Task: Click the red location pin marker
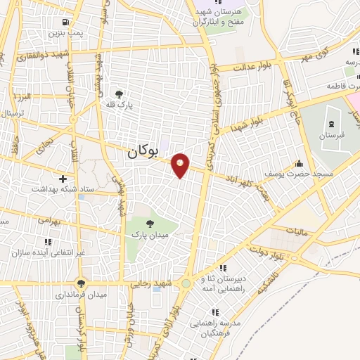pyautogui.click(x=181, y=165)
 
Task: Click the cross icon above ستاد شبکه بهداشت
pyautogui.click(x=63, y=179)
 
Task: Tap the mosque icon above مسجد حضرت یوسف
pyautogui.click(x=300, y=163)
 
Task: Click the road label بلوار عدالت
pyautogui.click(x=249, y=66)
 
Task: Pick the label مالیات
pyautogui.click(x=298, y=230)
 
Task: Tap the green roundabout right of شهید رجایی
pyautogui.click(x=185, y=283)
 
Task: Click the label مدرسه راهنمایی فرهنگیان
pyautogui.click(x=214, y=326)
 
